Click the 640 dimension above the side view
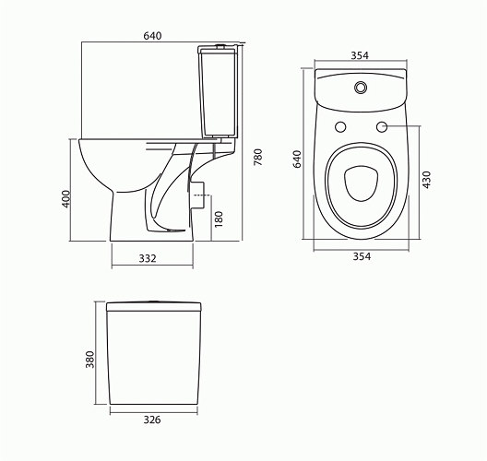[152, 36]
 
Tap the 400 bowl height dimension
[66, 201]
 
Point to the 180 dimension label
[218, 219]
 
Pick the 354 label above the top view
[360, 56]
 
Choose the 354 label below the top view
[361, 257]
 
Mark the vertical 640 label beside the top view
[297, 159]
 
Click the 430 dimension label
[426, 179]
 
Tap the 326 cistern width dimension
[153, 420]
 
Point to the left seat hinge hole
[339, 126]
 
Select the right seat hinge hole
[381, 126]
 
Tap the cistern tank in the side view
[220, 92]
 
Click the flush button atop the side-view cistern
[220, 45]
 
